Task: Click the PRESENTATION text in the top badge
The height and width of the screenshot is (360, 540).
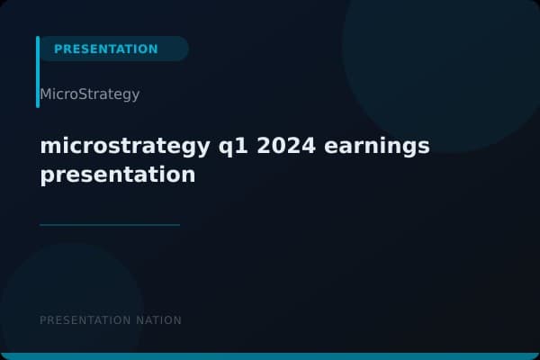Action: point(105,49)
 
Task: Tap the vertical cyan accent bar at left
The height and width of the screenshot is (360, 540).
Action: point(38,72)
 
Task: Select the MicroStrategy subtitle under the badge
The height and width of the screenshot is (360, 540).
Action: point(89,94)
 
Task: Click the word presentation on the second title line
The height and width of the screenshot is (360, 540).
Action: point(117,175)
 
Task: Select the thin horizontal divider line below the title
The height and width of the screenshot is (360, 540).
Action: point(110,225)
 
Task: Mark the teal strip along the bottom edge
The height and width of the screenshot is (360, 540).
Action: point(270,356)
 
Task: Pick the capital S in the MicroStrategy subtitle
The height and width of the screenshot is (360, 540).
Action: point(85,94)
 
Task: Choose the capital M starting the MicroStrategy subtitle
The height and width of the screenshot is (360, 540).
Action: point(45,94)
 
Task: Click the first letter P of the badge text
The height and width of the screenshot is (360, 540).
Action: point(58,49)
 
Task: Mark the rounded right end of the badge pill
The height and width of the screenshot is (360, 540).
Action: point(182,49)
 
